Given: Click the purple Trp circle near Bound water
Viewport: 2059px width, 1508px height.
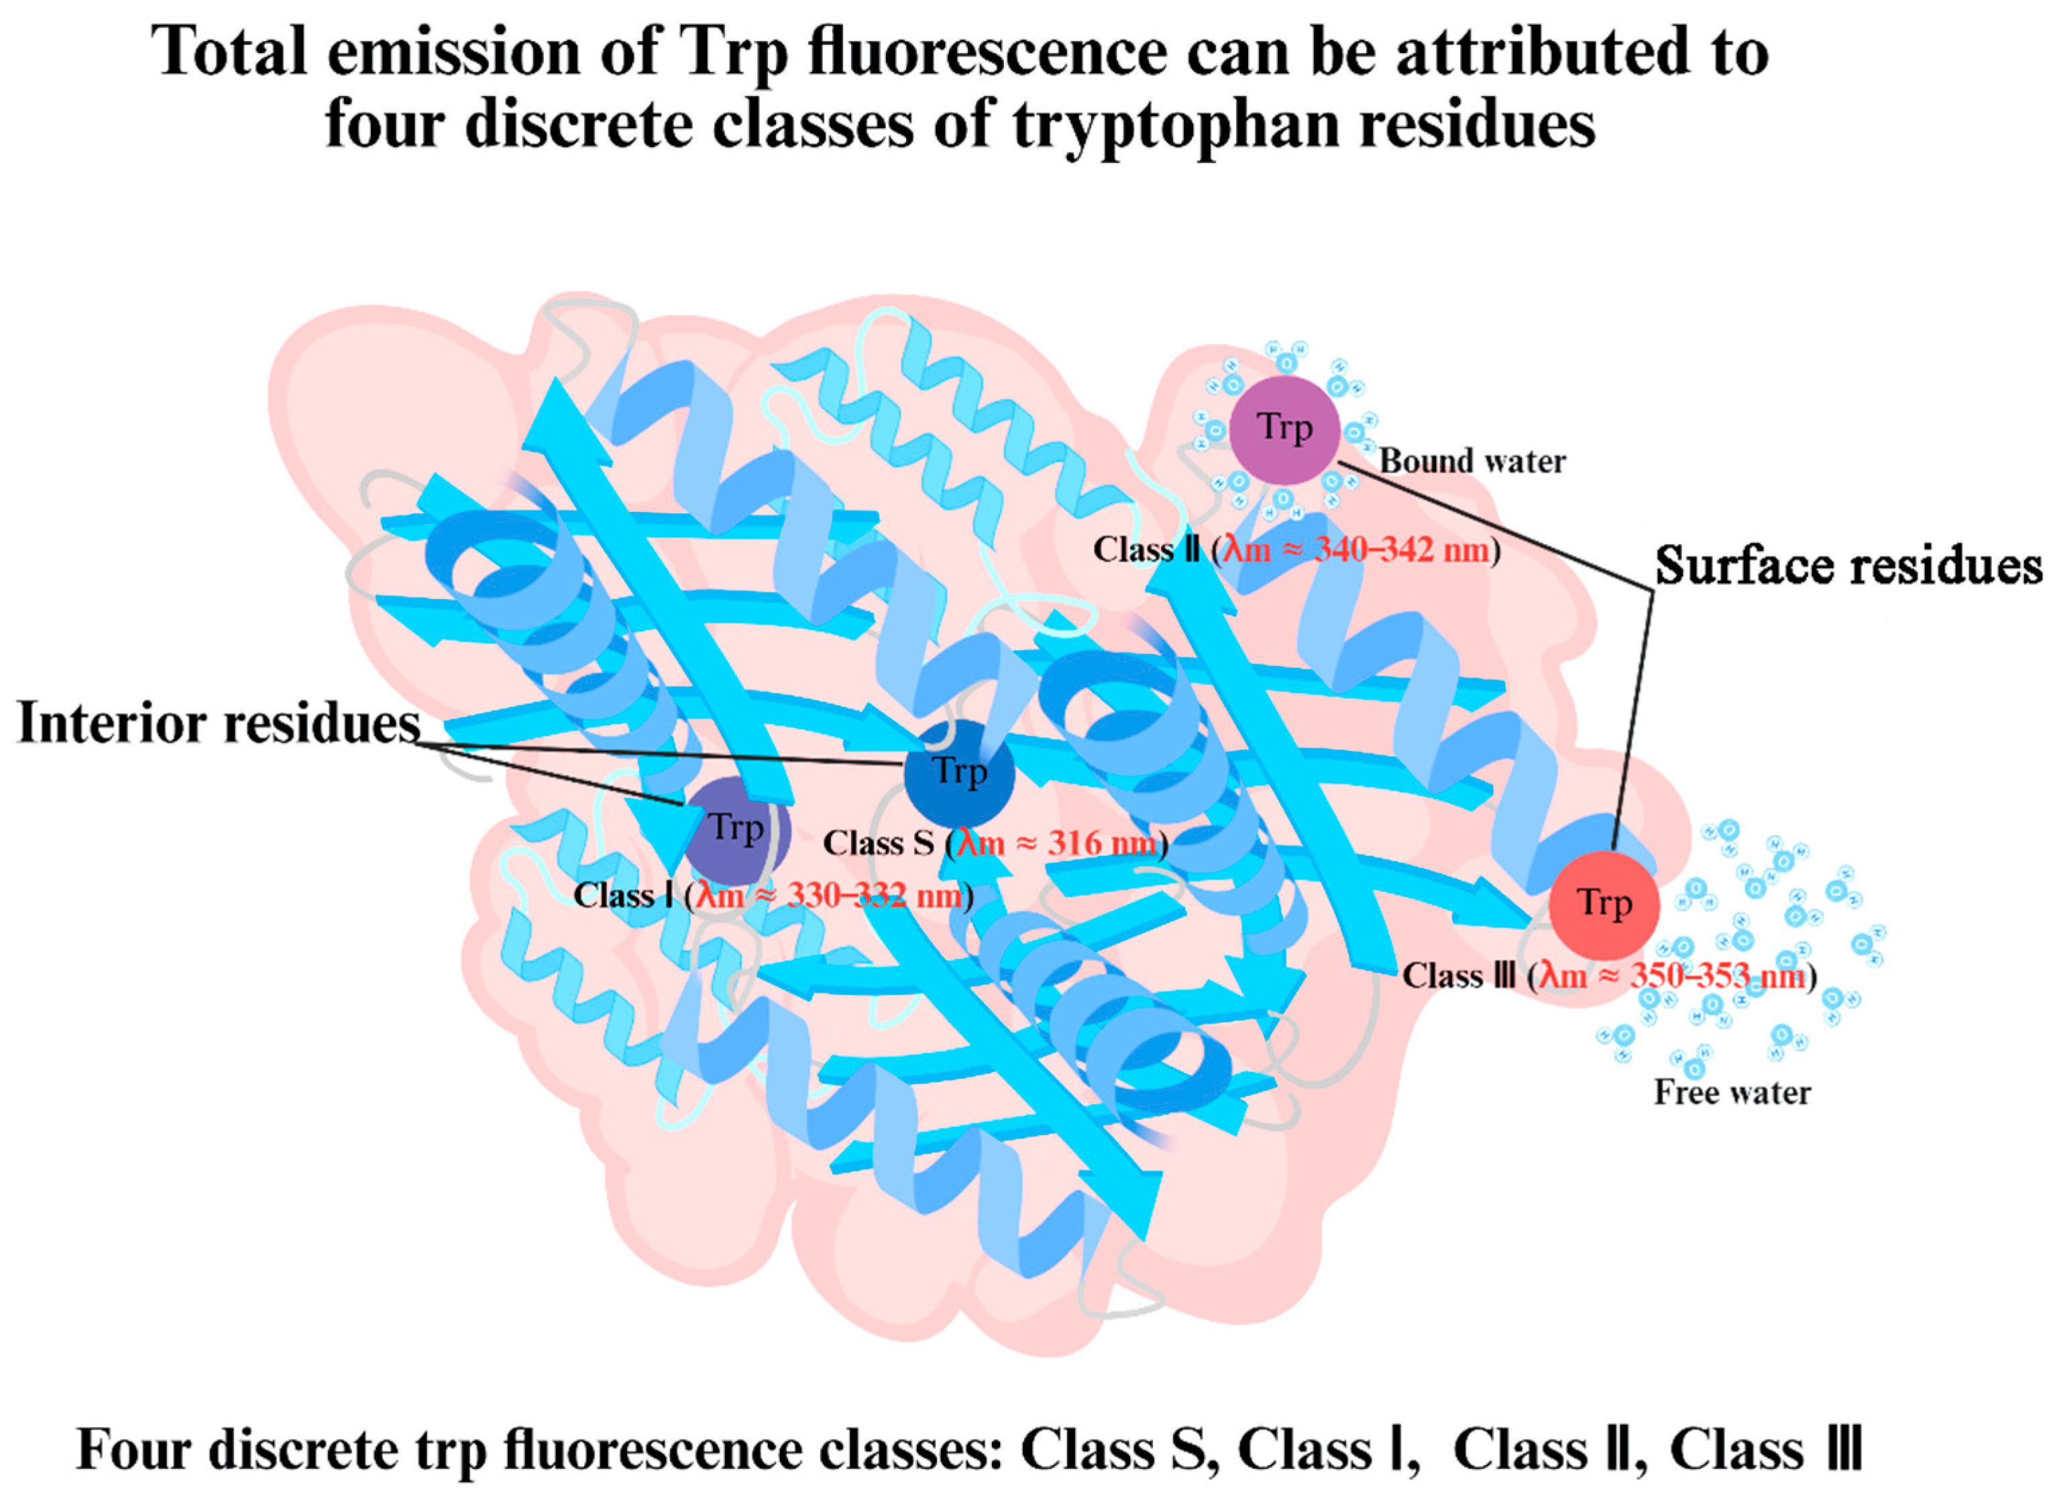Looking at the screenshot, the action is coord(1284,429).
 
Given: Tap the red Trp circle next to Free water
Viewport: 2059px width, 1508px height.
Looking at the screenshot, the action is coord(1604,905).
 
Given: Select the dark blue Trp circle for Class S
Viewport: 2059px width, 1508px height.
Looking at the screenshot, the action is coord(958,773).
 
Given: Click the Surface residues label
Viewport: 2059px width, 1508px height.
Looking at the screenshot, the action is coord(1848,566).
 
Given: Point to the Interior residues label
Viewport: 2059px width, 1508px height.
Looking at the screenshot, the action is coord(219,723).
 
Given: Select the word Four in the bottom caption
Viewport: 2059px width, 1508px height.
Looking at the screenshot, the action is coord(135,1450).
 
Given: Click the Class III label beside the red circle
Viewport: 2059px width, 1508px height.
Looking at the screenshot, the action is coord(1459,976).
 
